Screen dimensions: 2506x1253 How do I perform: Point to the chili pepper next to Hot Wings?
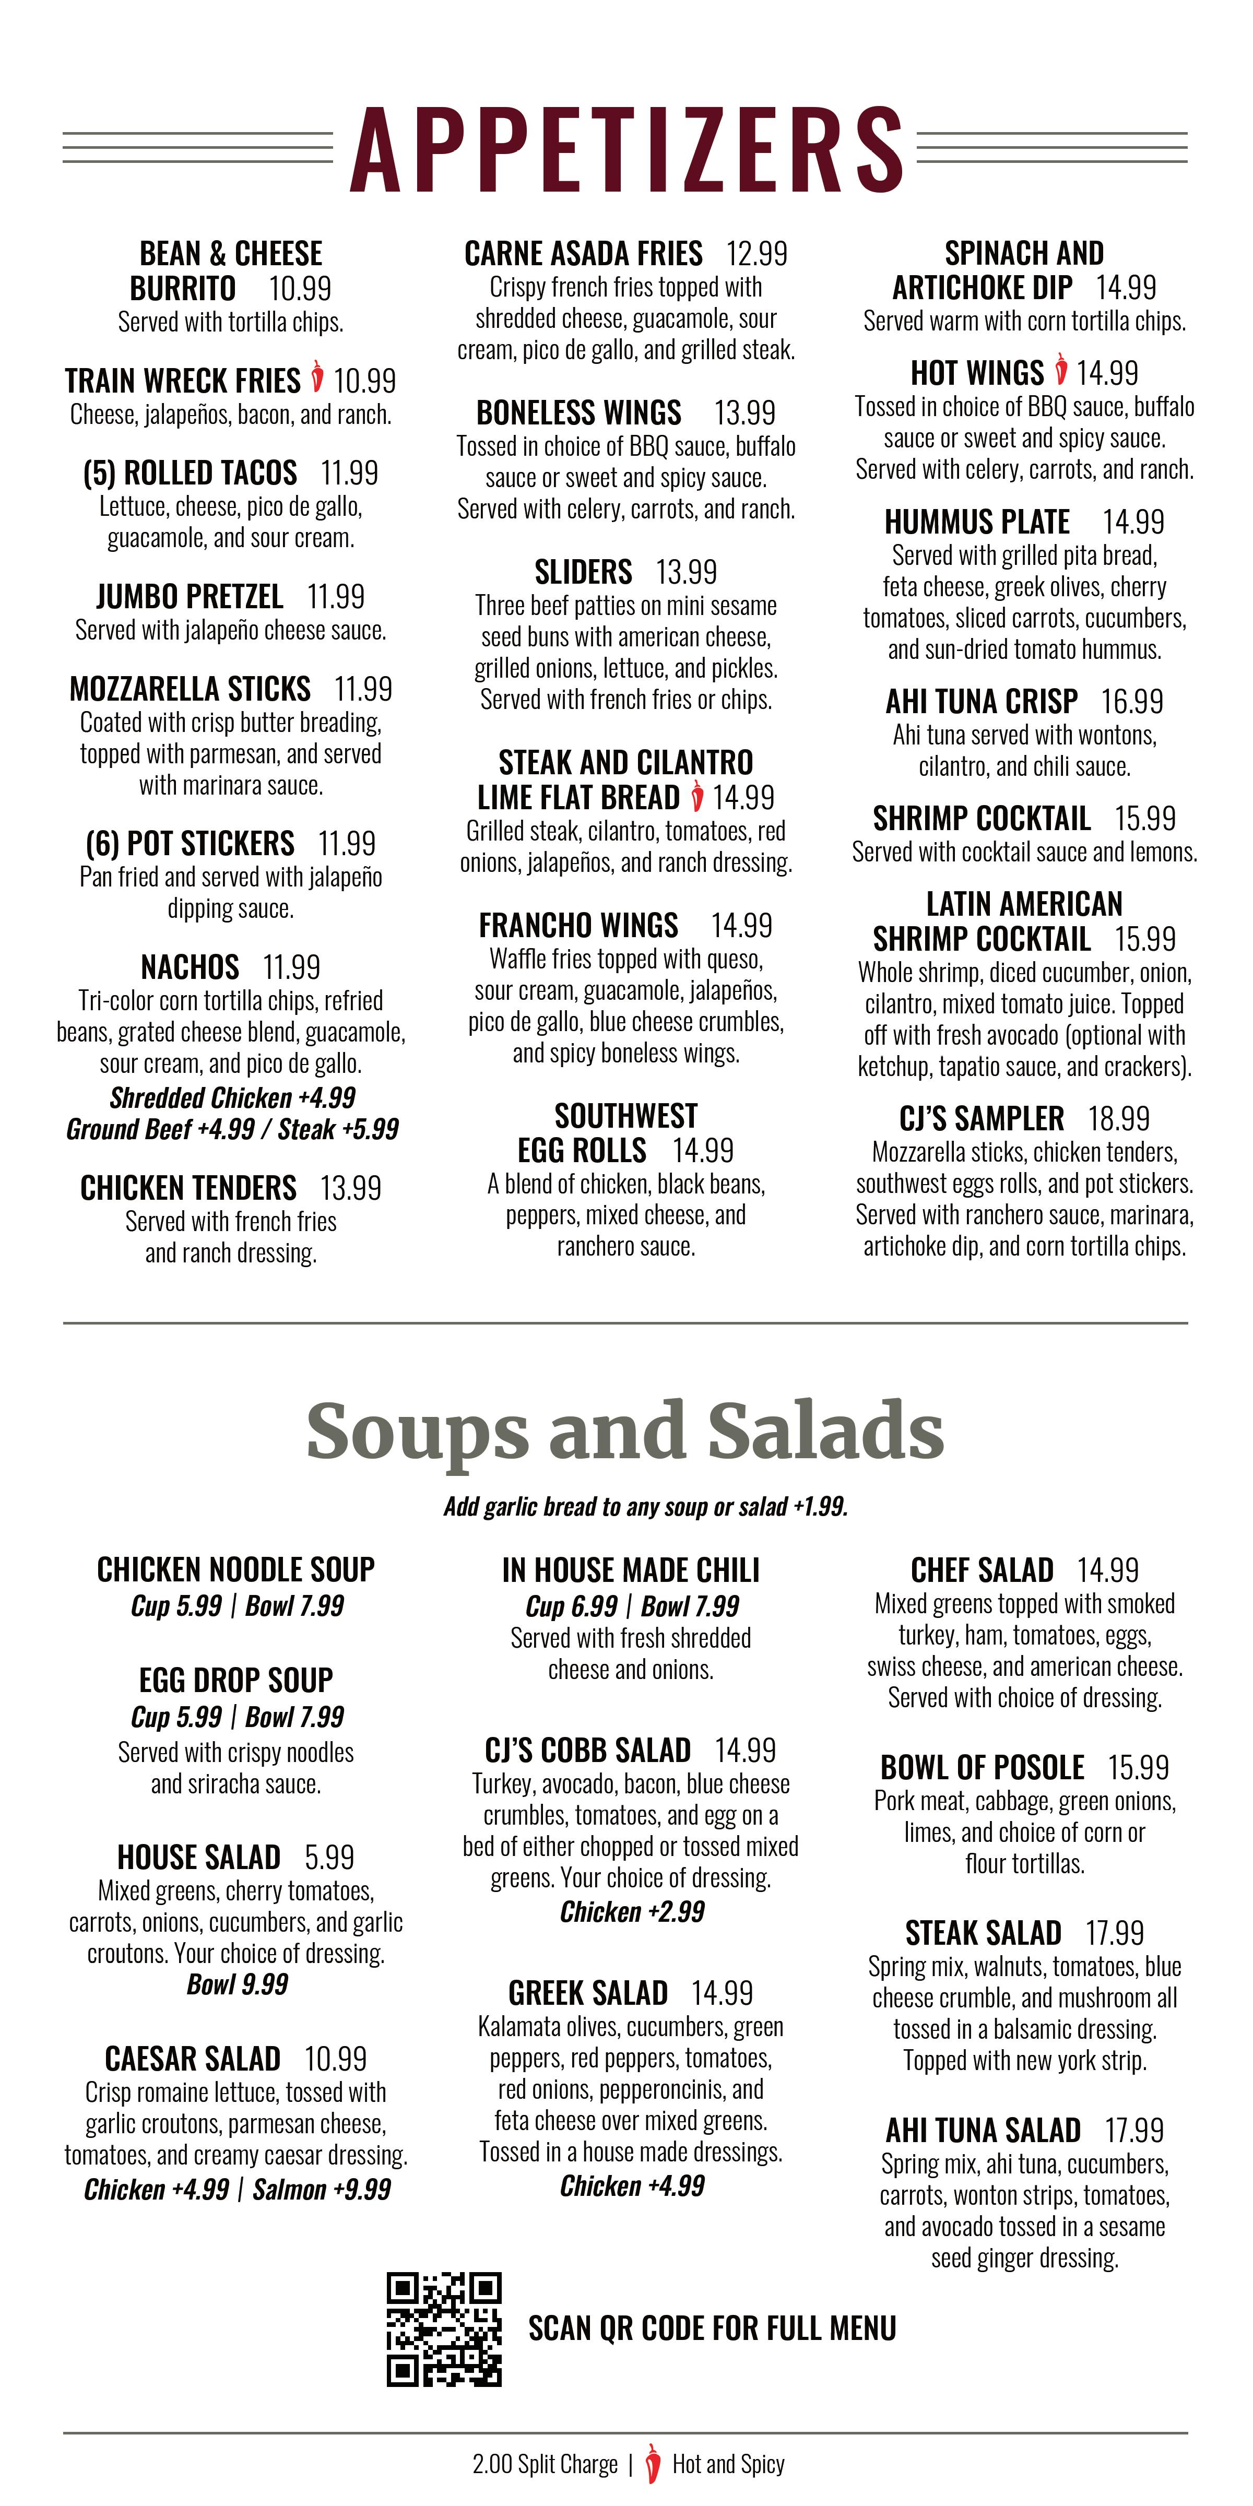tap(1060, 371)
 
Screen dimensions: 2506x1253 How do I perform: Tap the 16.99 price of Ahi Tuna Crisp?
tap(1131, 701)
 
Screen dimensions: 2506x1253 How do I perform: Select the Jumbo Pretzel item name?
tap(190, 596)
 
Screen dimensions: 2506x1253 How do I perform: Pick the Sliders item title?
tap(583, 572)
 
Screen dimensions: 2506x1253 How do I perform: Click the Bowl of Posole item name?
tap(982, 1767)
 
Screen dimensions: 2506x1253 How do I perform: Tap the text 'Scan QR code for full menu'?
tap(712, 2328)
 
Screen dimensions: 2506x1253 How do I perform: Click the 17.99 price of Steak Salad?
tap(1114, 1932)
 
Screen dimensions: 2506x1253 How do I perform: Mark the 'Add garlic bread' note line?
tap(645, 1507)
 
